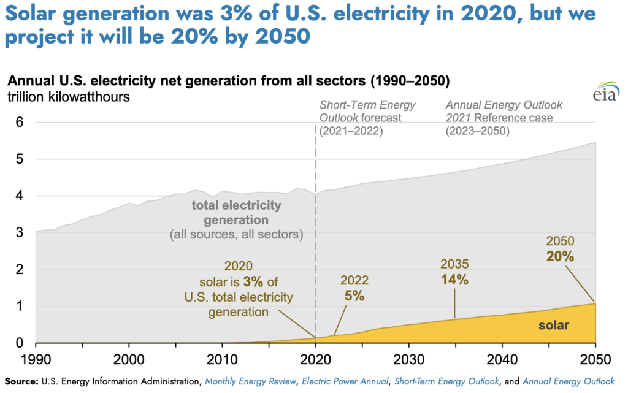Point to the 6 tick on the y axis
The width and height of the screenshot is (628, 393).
pyautogui.click(x=20, y=123)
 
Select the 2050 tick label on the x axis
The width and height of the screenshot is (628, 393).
pyautogui.click(x=594, y=357)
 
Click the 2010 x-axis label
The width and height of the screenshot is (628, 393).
pyautogui.click(x=222, y=357)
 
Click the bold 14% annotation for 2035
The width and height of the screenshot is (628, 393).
pyautogui.click(x=454, y=280)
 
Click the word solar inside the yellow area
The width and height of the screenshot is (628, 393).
pyautogui.click(x=553, y=326)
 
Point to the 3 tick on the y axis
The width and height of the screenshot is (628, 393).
pyautogui.click(x=20, y=233)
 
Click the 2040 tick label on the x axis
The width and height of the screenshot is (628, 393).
pyautogui.click(x=502, y=357)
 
